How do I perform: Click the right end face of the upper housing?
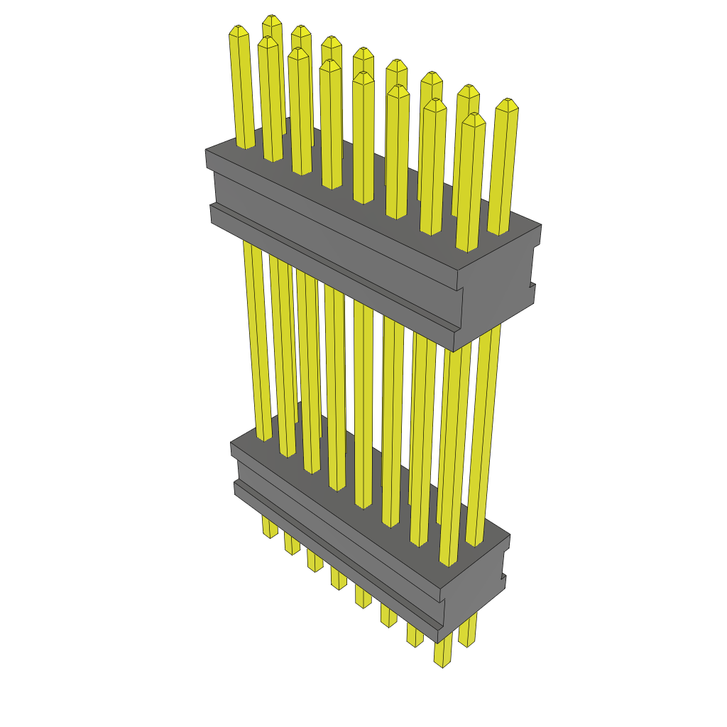point(497,298)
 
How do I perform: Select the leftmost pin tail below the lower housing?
point(269,527)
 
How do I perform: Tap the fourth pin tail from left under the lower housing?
point(339,578)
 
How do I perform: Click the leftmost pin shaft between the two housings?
point(257,341)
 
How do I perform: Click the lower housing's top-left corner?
point(232,444)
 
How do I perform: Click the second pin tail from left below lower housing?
point(292,543)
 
